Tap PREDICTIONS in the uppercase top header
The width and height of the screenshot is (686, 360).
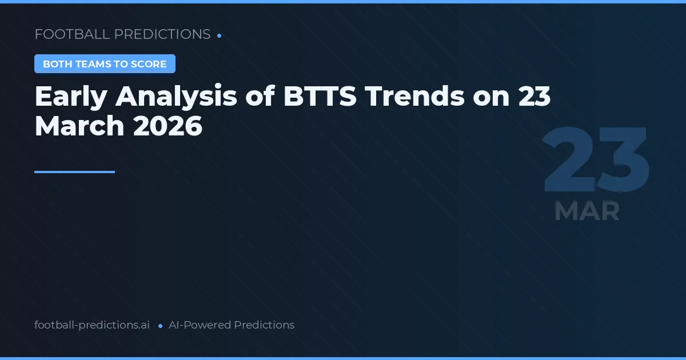(x=162, y=34)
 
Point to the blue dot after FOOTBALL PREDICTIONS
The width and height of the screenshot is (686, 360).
(x=220, y=35)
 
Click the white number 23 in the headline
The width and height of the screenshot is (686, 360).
(x=534, y=97)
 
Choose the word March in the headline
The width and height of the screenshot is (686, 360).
(x=79, y=126)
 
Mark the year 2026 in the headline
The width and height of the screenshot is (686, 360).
(x=167, y=126)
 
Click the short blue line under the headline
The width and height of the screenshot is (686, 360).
(x=74, y=171)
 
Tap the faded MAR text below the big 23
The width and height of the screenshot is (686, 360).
(x=587, y=211)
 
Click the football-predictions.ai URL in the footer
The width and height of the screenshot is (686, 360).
(x=92, y=325)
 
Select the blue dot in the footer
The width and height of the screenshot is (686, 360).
(x=160, y=326)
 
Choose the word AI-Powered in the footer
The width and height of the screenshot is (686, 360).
(x=200, y=325)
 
